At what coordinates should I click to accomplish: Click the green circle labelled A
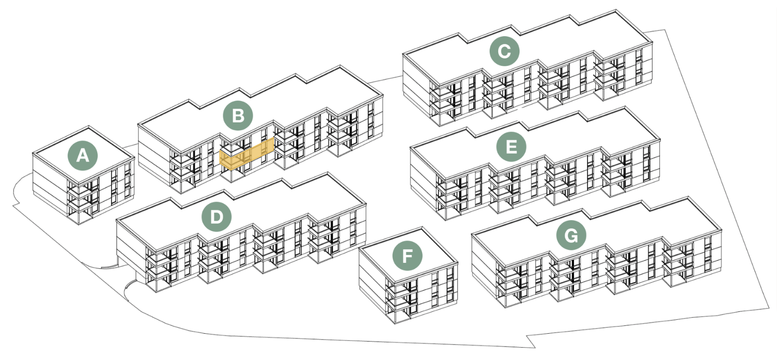pos(83,156)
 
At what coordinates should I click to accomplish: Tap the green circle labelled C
pos(504,52)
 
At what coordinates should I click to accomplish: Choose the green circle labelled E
pos(512,147)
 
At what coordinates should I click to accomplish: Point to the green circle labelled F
pos(407,256)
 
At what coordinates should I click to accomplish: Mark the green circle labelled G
pos(571,235)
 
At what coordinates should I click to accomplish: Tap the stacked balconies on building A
pos(80,201)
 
